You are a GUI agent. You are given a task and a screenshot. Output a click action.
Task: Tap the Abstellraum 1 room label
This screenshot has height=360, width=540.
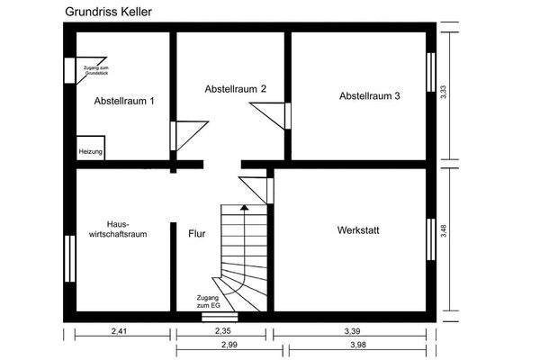click(x=124, y=101)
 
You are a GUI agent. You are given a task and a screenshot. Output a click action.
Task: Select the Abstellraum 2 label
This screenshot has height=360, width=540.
click(x=236, y=89)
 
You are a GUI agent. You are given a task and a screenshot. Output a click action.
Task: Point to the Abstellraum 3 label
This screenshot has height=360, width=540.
click(x=369, y=95)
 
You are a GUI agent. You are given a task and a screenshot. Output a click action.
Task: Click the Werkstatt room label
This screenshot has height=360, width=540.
click(x=358, y=230)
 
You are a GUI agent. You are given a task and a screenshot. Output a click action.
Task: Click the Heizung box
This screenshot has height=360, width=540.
click(x=91, y=150)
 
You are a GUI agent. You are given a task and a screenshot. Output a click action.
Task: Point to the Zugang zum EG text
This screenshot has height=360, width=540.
click(x=208, y=301)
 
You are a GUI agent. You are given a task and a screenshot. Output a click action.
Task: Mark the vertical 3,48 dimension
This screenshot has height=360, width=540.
click(x=443, y=238)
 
